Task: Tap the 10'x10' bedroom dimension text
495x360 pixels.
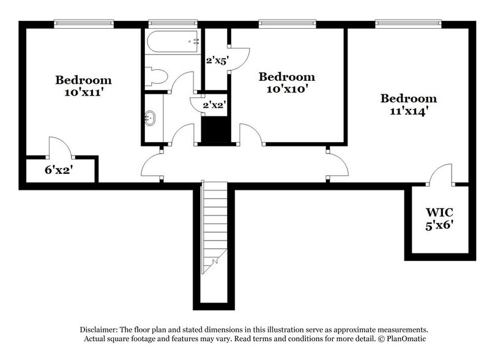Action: [x=286, y=89]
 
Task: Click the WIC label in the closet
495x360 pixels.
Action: [x=439, y=212]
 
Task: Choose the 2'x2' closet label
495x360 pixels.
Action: [x=215, y=105]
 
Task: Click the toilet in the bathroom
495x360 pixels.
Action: [x=156, y=78]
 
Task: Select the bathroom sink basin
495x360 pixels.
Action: [x=151, y=118]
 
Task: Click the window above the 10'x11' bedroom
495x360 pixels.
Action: [x=83, y=24]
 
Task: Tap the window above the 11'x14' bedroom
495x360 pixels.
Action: [x=408, y=24]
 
